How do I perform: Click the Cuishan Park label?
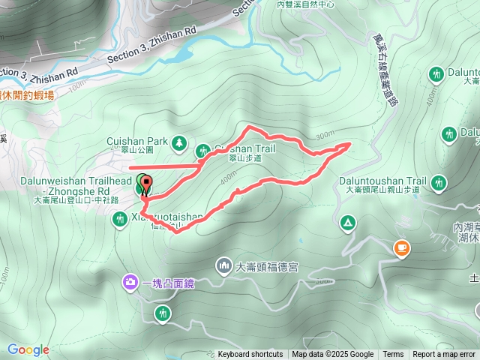(136, 140)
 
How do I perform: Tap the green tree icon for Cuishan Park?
(179, 141)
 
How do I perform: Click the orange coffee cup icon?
(402, 247)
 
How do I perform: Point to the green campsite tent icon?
(347, 223)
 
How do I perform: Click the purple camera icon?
(130, 282)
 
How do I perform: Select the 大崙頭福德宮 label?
(268, 265)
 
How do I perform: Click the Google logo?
(28, 349)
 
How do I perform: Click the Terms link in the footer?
(393, 355)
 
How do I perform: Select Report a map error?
(444, 355)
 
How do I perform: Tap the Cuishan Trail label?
(247, 148)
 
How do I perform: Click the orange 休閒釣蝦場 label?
(28, 95)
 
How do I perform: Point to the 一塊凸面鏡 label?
(167, 283)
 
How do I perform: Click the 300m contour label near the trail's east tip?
(325, 136)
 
